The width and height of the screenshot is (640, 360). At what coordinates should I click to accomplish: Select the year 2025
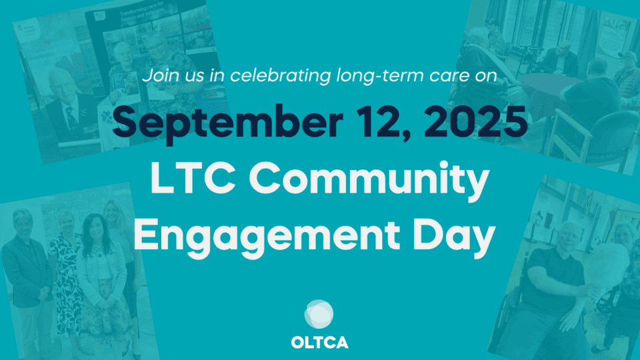[476, 121]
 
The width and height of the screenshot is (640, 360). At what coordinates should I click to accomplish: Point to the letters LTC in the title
[193, 178]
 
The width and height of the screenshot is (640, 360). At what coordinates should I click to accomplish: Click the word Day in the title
[454, 237]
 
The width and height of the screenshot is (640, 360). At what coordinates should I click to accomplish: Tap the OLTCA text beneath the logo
[319, 343]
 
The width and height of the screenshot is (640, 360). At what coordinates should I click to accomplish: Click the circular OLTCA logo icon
[319, 314]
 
